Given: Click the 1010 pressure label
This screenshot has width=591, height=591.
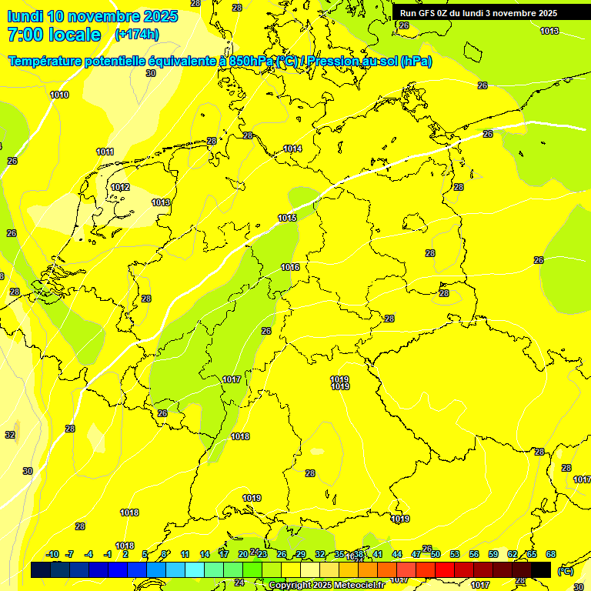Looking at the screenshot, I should click(x=59, y=95).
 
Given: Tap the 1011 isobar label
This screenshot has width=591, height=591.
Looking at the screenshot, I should click(x=105, y=152).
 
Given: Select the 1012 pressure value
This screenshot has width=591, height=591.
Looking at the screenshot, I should click(x=120, y=187).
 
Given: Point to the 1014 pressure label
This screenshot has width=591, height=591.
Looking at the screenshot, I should click(x=292, y=149).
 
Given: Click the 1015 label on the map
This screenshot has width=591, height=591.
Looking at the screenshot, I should click(x=287, y=218).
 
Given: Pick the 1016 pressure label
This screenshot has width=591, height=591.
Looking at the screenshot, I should click(x=290, y=267).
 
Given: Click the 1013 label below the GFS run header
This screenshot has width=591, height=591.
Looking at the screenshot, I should click(x=549, y=31).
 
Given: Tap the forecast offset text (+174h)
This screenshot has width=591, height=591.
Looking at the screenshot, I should click(x=137, y=35).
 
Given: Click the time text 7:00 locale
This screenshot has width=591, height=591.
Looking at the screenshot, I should click(x=54, y=35).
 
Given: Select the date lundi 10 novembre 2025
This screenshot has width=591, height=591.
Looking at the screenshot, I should click(x=93, y=16).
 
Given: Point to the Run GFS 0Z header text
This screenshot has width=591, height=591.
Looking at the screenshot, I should click(x=478, y=13).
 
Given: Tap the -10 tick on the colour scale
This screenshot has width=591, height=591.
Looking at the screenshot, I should click(x=52, y=554).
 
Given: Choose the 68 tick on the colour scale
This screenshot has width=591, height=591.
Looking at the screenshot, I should click(x=551, y=554).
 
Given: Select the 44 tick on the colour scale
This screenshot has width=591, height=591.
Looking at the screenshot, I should click(x=397, y=554).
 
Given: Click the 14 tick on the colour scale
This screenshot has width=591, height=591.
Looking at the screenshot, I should click(x=205, y=554).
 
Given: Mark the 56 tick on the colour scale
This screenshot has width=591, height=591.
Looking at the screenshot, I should click(x=474, y=554).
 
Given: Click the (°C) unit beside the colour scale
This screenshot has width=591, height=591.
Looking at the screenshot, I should click(x=565, y=570).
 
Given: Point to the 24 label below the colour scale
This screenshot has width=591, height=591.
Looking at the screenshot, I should click(x=239, y=583).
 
